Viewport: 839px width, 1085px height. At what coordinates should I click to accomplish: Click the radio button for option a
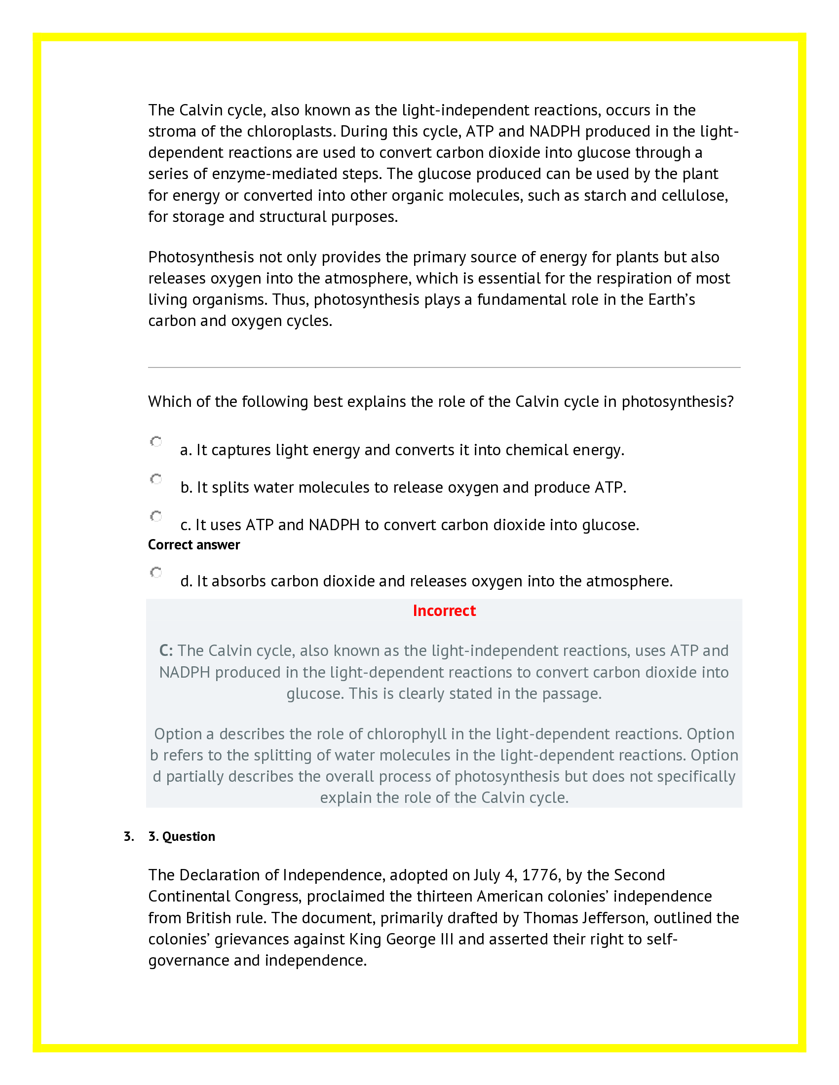click(x=156, y=442)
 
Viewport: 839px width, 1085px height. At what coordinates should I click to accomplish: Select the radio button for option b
click(x=156, y=479)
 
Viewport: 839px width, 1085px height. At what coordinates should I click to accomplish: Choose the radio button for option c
click(x=156, y=516)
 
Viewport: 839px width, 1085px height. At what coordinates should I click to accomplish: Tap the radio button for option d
click(x=156, y=572)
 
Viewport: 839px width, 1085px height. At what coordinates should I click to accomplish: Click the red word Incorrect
click(x=444, y=611)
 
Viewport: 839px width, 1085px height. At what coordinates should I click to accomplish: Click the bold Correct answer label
click(x=194, y=545)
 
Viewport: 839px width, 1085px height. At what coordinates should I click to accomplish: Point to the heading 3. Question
click(x=182, y=836)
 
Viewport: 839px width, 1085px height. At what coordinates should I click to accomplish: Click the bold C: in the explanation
click(x=166, y=651)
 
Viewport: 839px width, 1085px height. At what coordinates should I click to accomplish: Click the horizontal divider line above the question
click(x=444, y=367)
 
